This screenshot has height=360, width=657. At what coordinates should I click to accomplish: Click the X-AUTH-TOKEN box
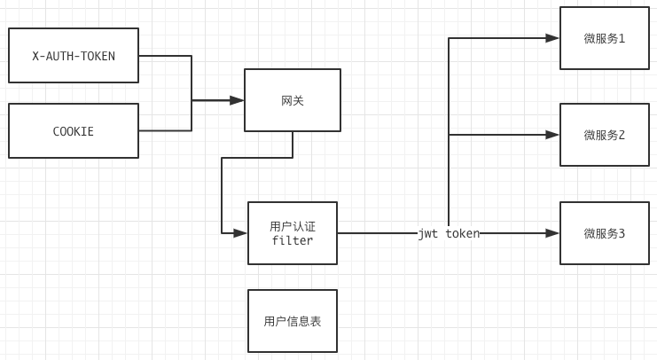(x=74, y=55)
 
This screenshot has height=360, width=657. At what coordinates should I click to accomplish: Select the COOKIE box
(x=74, y=131)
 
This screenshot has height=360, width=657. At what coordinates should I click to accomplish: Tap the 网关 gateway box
(x=293, y=100)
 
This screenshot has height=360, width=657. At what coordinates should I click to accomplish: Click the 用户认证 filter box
(x=293, y=233)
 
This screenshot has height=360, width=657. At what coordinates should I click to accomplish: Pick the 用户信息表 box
(x=293, y=321)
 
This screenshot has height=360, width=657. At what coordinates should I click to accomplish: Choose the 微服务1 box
(x=605, y=38)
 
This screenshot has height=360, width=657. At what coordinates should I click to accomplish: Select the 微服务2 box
(x=605, y=135)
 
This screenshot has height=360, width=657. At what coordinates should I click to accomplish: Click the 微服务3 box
(x=605, y=233)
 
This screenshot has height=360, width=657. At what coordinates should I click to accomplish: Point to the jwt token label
(x=449, y=233)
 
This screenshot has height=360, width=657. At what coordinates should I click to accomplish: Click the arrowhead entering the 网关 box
(x=237, y=100)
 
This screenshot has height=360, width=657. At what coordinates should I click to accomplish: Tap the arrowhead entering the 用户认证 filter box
(x=240, y=233)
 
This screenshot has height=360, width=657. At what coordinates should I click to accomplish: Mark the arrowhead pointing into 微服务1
(x=552, y=38)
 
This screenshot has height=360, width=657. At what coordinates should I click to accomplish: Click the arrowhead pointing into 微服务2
(x=552, y=135)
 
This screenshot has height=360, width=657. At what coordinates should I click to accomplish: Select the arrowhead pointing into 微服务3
(x=552, y=233)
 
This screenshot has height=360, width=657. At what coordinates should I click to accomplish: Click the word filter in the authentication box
(x=293, y=240)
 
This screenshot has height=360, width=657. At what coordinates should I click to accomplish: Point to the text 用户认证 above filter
(x=293, y=226)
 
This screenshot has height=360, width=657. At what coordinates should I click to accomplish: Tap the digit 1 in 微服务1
(x=622, y=38)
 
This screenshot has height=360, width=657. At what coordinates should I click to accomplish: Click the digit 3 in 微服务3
(x=622, y=233)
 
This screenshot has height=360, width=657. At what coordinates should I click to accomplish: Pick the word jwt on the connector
(x=428, y=233)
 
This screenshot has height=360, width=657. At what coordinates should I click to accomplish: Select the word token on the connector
(x=462, y=233)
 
